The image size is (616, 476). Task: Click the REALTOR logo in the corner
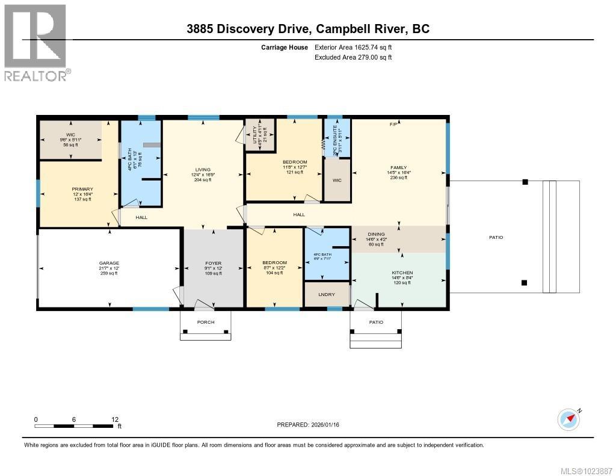coord(35,43)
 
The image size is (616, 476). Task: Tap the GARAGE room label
coord(109,263)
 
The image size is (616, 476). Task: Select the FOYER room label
coord(213,263)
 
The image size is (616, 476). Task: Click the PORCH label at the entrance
coord(206,322)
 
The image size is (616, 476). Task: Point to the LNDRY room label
coord(327,294)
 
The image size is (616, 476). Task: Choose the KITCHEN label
coord(402,273)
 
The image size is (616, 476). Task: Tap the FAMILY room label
coord(398,168)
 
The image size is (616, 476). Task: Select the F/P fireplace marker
coord(393,125)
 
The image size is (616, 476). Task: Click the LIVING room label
coord(203,170)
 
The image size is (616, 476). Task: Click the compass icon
coord(568,418)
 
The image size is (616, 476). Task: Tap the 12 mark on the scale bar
coord(114,419)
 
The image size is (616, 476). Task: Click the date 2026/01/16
coord(330,425)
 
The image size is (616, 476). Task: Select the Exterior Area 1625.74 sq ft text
coord(354,47)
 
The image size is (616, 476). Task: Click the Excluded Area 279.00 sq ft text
coord(353,58)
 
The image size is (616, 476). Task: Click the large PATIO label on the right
coord(496,238)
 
